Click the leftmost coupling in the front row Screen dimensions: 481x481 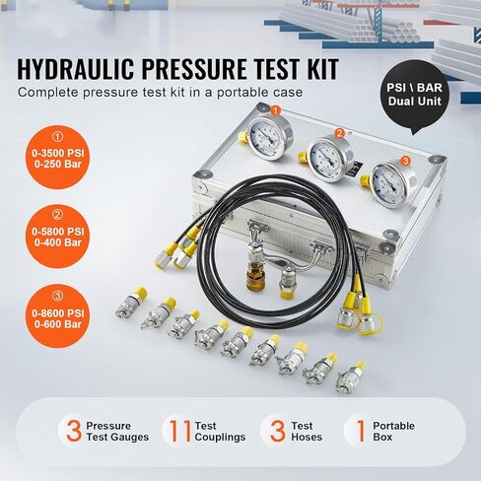coord(126,304)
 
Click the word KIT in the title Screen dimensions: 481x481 coord(314,69)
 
